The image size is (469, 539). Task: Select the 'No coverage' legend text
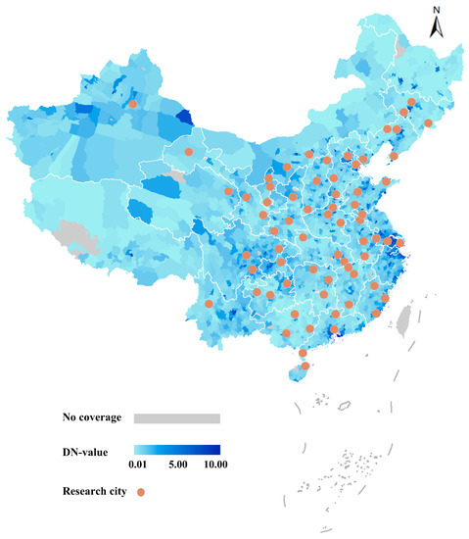click(89, 417)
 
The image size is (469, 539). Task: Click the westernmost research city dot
click(132, 103)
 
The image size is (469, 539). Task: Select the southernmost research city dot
click(305, 367)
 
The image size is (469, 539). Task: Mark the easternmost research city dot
click(428, 122)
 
